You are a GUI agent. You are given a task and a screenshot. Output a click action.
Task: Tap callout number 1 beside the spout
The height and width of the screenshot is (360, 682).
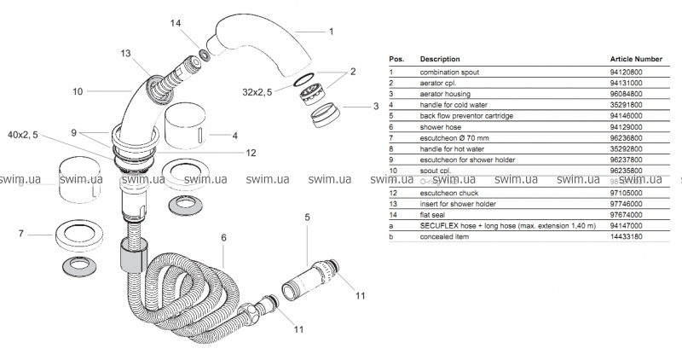point(331,32)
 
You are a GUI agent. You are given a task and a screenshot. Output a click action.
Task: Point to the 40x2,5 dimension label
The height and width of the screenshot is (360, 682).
point(23,136)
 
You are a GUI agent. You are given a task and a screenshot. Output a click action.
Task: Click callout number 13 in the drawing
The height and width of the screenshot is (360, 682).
point(126,53)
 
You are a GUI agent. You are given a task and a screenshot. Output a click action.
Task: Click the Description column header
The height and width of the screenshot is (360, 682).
point(440,59)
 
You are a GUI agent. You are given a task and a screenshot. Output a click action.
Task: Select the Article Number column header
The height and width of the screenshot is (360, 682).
point(636,59)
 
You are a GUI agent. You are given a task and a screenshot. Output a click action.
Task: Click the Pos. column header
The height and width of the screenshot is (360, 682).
point(396,59)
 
